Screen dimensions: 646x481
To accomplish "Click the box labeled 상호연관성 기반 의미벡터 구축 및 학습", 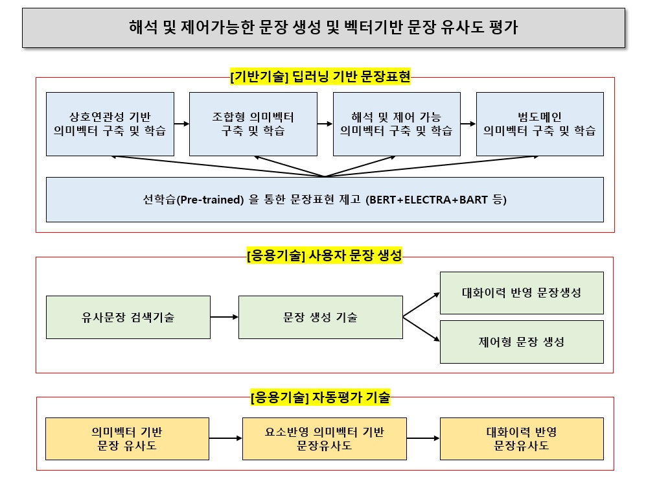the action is (110, 124).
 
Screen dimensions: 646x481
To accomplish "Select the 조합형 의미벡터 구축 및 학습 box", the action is (253, 124).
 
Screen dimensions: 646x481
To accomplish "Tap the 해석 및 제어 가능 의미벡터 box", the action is (397, 124).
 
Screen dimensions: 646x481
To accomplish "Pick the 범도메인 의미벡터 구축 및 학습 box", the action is (540, 124).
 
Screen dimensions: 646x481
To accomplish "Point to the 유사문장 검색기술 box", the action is (128, 318).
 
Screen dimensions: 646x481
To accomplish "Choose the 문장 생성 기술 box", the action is (321, 318).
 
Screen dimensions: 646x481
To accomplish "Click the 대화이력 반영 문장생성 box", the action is (522, 293).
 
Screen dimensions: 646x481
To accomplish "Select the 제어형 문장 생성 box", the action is (522, 342).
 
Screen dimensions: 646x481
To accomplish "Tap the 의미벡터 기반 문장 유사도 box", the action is (127, 439).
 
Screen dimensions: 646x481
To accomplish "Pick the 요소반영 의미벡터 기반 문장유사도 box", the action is (325, 439).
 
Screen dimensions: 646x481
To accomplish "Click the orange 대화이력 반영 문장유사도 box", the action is (522, 439).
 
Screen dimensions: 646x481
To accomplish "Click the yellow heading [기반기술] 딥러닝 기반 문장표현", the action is (320, 76).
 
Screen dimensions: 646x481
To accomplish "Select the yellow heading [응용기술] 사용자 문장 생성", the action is (324, 255).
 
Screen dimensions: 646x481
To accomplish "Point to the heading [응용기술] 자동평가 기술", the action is (320, 397).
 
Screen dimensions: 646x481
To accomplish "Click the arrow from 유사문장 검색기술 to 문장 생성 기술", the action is (225, 317).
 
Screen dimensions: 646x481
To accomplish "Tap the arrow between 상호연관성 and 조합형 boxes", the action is (181, 124).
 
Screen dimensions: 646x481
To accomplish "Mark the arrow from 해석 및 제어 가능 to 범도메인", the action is (468, 124).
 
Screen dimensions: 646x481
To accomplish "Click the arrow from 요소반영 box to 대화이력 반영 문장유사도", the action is (423, 438).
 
